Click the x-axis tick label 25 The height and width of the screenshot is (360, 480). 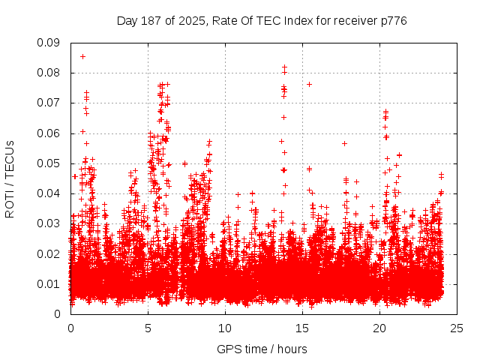click(457, 328)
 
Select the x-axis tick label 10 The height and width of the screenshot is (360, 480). click(225, 328)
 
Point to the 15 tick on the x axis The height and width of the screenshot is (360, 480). click(302, 328)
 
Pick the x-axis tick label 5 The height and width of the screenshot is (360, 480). click(148, 328)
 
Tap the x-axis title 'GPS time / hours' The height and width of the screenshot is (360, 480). click(262, 349)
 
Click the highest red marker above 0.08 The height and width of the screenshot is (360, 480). click(82, 56)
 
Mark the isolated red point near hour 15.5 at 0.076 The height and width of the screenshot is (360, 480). click(309, 84)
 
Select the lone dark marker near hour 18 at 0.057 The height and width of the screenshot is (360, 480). click(344, 143)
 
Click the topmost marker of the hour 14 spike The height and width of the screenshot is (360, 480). click(284, 67)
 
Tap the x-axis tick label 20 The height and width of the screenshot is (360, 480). click(379, 328)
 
